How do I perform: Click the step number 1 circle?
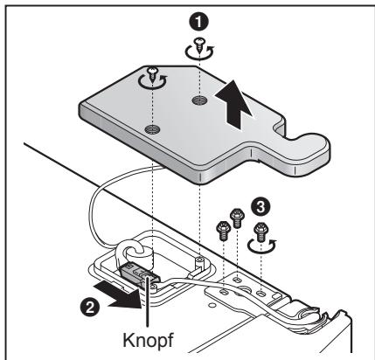pyautogui.click(x=198, y=22)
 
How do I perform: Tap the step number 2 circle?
pyautogui.click(x=89, y=307)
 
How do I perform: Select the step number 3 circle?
pyautogui.click(x=260, y=206)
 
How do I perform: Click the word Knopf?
pyautogui.click(x=148, y=340)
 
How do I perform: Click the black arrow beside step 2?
pyautogui.click(x=119, y=295)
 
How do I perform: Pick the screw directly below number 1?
pyautogui.click(x=199, y=45)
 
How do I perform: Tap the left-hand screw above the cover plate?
pyautogui.click(x=152, y=74)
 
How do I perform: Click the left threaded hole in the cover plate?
pyautogui.click(x=152, y=128)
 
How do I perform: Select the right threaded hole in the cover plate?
pyautogui.click(x=199, y=100)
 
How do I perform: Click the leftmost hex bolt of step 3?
pyautogui.click(x=222, y=230)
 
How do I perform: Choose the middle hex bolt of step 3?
pyautogui.click(x=237, y=218)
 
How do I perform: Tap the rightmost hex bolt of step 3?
pyautogui.click(x=260, y=232)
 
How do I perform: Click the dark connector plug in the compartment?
pyautogui.click(x=138, y=273)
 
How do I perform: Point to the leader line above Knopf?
pyautogui.click(x=148, y=303)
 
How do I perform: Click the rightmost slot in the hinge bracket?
pyautogui.click(x=261, y=292)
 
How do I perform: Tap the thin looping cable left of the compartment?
pyautogui.click(x=96, y=204)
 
